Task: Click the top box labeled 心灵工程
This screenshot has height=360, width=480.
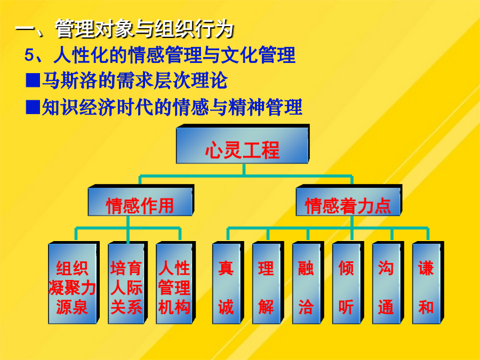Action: coord(243,144)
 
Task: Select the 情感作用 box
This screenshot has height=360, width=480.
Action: coord(141,201)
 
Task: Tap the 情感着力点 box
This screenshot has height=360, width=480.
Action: coord(349,201)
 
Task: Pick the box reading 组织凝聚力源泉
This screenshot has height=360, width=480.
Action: coord(74,283)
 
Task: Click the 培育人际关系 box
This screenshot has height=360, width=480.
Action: coord(127,283)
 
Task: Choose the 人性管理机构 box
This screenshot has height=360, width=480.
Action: coord(175,283)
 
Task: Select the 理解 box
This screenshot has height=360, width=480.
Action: coord(268,283)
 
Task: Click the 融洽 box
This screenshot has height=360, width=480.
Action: coord(308,283)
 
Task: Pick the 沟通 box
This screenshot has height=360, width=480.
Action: coord(388,283)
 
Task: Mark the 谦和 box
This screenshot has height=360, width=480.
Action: coord(428,283)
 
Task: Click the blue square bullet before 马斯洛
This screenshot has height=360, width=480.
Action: coord(33,81)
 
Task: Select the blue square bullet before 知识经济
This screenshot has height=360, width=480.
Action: coord(33,107)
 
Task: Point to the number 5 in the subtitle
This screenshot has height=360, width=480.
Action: coord(29,55)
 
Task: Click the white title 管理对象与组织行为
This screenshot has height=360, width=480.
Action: coord(144,29)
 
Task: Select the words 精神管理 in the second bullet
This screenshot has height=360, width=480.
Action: coord(266,107)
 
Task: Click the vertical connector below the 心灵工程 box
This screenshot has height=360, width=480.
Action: coord(244,170)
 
